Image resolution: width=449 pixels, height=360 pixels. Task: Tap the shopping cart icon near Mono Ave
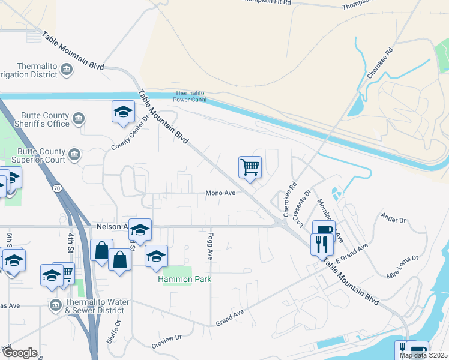250,167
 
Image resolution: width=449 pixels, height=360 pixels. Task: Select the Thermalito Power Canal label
190,96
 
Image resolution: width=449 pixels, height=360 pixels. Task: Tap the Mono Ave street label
220,193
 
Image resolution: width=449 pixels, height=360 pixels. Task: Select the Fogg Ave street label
211,246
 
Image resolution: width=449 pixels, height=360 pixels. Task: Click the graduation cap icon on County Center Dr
123,112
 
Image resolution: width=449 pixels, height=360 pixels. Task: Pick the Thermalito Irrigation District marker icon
66,71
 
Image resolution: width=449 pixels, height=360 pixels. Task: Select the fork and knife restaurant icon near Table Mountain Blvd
322,243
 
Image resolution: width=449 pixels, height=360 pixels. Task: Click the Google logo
19,353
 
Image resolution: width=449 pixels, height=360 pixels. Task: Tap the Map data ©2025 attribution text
423,355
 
